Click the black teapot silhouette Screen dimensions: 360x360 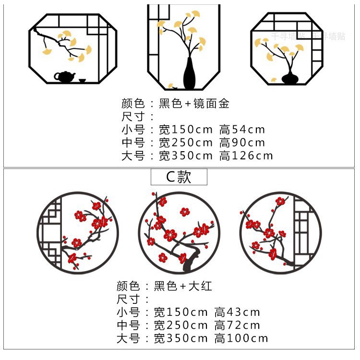point(64,76)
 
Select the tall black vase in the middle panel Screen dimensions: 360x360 point(190,74)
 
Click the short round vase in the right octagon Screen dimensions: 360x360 point(289,77)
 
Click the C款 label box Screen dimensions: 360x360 point(179,177)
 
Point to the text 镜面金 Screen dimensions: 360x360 point(212,103)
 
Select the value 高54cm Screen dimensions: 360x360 point(242,130)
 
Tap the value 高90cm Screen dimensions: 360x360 point(242,143)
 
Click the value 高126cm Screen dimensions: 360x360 point(246,156)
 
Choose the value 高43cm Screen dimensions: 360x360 point(237,312)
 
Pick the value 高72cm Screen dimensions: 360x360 point(237,325)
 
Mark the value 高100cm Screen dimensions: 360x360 point(241,338)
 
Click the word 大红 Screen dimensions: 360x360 point(202,287)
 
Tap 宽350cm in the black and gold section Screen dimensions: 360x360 point(186,156)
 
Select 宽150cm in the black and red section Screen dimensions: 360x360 point(181,312)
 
